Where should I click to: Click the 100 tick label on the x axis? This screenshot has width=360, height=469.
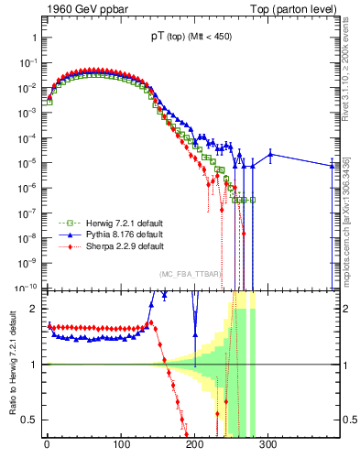coord(120,444)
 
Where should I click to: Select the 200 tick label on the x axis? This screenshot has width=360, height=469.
coord(194,444)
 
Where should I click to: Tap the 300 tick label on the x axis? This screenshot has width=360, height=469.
coord(267,444)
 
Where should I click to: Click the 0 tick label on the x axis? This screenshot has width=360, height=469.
coord(47,444)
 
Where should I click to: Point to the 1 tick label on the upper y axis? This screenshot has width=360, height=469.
coord(34,38)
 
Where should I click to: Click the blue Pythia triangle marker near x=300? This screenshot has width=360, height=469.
coord(270,154)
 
